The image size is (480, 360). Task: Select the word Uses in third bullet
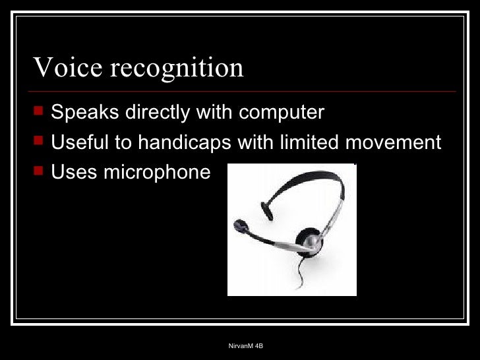pos(74,172)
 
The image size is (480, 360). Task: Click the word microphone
pos(157,173)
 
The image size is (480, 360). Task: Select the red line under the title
pos(244,91)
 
